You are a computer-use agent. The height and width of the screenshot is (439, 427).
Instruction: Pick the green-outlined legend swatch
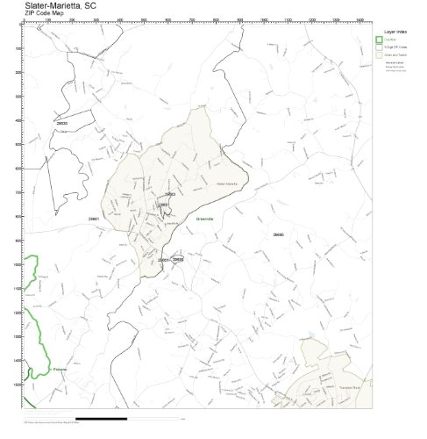pos(380,40)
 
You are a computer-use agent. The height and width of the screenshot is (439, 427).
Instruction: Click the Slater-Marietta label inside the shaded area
pos(226,183)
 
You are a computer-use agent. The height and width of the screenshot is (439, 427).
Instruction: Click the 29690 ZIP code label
pos(278,234)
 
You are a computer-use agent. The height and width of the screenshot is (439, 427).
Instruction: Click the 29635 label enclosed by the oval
pos(177,260)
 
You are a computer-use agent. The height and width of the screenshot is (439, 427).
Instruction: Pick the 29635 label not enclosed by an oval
pos(61,124)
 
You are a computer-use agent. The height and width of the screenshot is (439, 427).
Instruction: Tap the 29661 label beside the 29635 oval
pos(163,261)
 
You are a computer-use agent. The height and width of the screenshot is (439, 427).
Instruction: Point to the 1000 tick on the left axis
pos(18,263)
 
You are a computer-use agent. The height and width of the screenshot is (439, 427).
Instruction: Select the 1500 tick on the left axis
pos(18,384)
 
